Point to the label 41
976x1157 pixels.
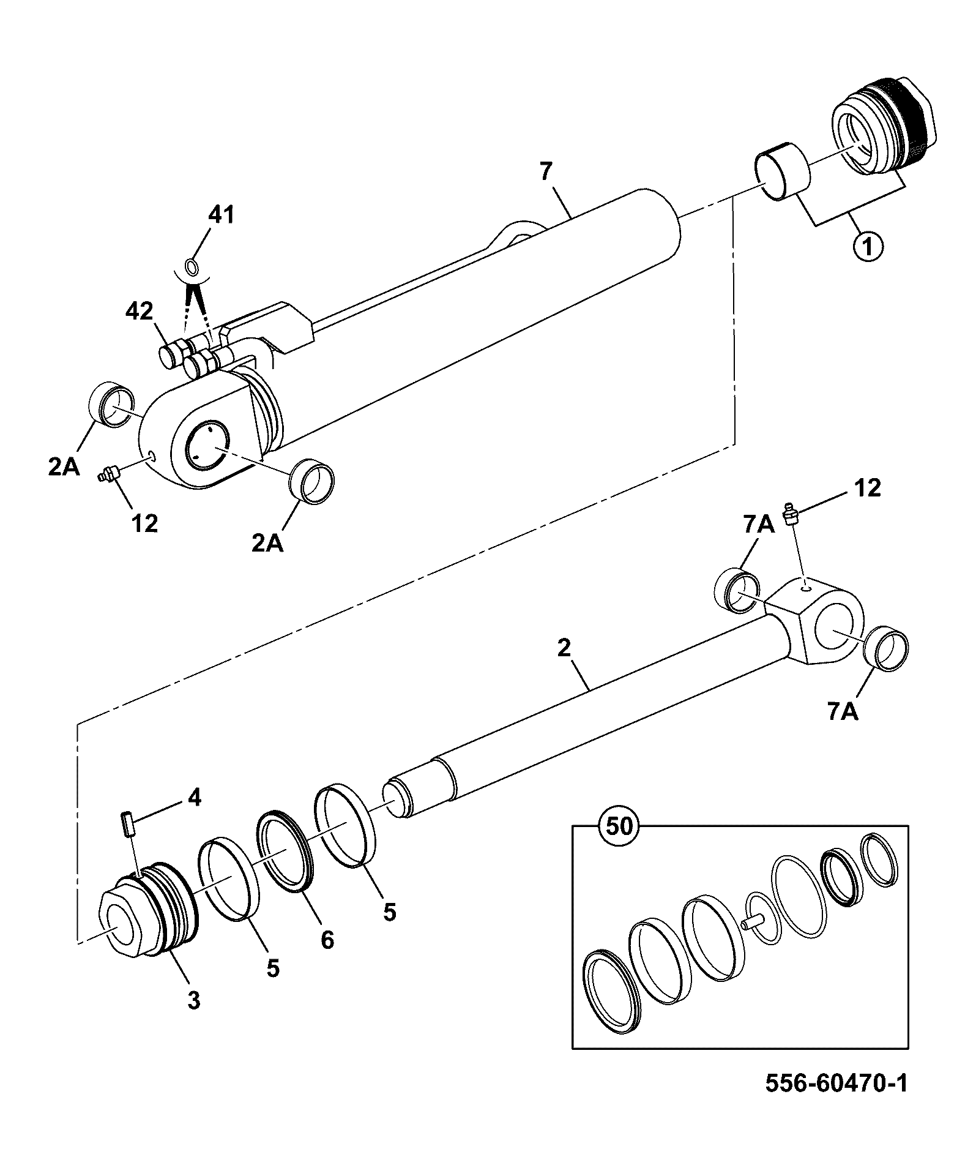221,215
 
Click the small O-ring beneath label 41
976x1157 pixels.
192,267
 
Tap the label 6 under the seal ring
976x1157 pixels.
327,939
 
